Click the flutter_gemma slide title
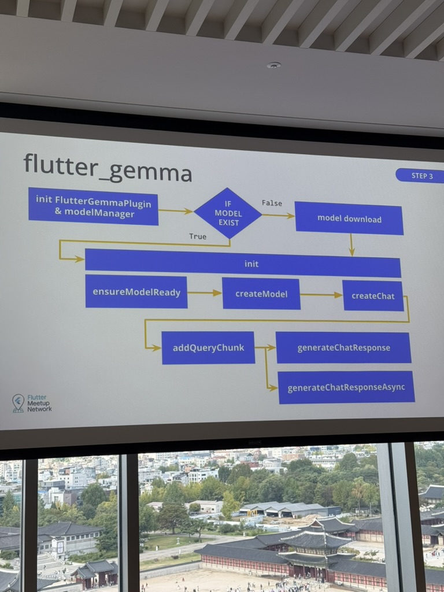(108, 168)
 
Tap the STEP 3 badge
(419, 176)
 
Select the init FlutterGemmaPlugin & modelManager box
(93, 206)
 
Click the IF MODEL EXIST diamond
(228, 213)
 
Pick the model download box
(349, 219)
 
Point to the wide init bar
(243, 264)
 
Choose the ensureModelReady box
(136, 292)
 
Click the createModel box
(261, 294)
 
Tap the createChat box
(373, 295)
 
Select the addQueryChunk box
(208, 347)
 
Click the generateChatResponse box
(343, 347)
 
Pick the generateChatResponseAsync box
(346, 387)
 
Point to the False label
(272, 203)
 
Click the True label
(198, 236)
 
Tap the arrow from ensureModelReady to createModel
(205, 293)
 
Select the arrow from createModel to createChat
(321, 295)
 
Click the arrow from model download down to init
(351, 245)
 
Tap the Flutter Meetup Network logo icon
(18, 402)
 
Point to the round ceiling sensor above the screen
(273, 65)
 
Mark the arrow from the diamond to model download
(278, 216)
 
